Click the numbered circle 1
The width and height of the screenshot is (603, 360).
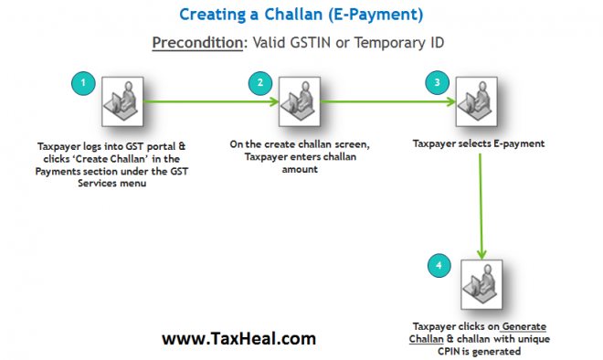coord(83,83)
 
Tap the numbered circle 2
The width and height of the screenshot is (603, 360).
coord(260,83)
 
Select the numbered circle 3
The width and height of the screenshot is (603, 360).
coord(439,83)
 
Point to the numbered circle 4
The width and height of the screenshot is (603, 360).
coord(439,266)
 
